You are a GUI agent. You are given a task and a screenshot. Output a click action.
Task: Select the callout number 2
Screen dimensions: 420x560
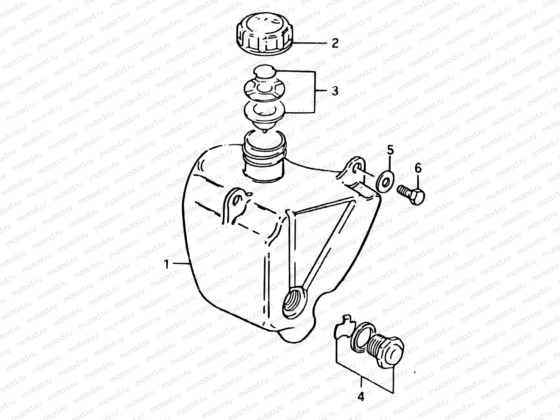[335, 43]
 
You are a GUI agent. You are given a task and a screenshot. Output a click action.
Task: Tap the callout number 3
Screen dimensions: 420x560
[335, 91]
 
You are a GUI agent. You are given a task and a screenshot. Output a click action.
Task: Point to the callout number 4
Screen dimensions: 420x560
[361, 397]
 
